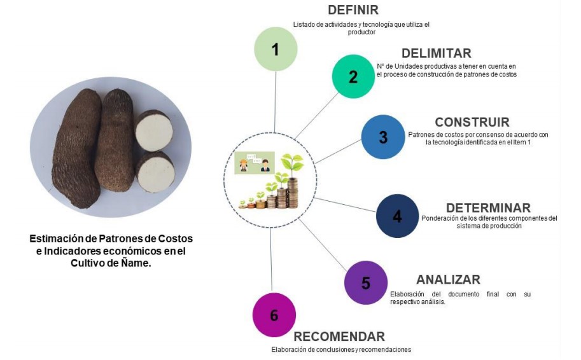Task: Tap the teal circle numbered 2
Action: point(353,76)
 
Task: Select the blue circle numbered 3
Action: point(383,137)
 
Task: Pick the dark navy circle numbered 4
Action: point(397,216)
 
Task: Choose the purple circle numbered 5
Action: point(365,282)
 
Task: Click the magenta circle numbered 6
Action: point(274,315)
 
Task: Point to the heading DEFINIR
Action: point(353,10)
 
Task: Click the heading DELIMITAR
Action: point(437,53)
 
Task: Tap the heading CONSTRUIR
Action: point(472,122)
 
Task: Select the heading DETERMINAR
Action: point(488,208)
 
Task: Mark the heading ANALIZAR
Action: point(448,280)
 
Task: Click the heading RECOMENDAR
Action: point(339,336)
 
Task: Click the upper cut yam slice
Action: point(154,131)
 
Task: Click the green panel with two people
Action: point(254,162)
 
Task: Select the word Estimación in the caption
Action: point(55,239)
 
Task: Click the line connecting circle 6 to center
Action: point(272,261)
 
